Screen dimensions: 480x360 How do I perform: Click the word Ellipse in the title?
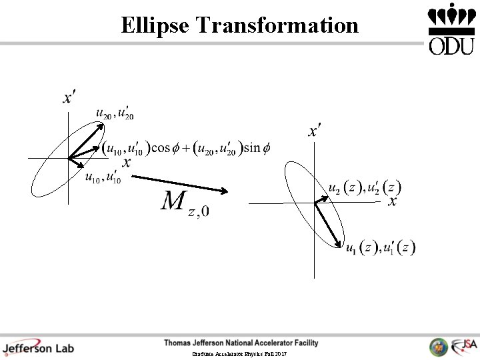[155, 25]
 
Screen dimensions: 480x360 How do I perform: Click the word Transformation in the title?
[277, 25]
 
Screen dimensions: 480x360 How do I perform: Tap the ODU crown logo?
[451, 29]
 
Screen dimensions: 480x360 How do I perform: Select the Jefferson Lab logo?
[38, 347]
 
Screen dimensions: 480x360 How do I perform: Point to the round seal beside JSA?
[438, 347]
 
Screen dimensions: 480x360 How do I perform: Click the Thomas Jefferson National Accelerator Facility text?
[241, 343]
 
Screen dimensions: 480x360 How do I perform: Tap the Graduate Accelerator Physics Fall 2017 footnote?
[239, 354]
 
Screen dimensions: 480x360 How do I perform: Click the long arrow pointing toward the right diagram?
[180, 185]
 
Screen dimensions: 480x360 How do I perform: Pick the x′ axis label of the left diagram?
[68, 99]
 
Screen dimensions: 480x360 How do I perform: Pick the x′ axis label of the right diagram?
[314, 130]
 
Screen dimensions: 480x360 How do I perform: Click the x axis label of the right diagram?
[393, 201]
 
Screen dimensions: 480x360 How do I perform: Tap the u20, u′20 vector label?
[115, 115]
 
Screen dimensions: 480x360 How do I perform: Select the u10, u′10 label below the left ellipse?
[103, 178]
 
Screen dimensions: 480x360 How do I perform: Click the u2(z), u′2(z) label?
[365, 188]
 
